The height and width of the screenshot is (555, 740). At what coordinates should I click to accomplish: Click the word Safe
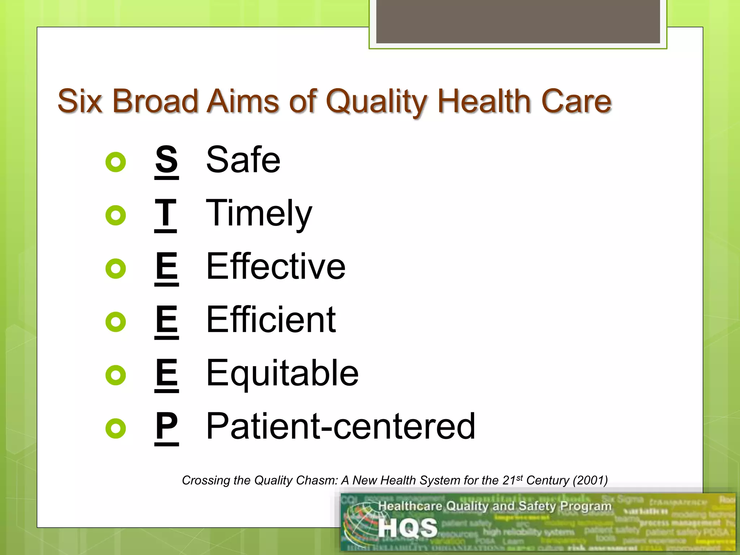click(243, 160)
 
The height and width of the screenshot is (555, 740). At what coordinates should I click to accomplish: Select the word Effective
click(276, 266)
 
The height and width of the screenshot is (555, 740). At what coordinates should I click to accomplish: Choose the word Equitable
click(282, 373)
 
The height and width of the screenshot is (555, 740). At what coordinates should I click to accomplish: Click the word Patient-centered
click(340, 426)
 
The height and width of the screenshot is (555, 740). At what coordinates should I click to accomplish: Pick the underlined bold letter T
click(165, 213)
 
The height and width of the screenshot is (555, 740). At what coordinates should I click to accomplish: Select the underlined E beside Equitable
click(167, 373)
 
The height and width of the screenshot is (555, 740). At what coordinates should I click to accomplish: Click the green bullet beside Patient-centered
click(116, 429)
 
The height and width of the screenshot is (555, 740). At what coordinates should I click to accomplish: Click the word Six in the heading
click(80, 101)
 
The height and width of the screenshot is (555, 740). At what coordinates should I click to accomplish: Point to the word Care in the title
click(576, 101)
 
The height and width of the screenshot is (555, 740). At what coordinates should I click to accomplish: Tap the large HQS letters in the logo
click(408, 528)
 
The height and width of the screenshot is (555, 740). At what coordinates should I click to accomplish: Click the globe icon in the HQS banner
click(360, 526)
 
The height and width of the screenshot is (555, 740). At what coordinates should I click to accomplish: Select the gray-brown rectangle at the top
click(518, 21)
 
